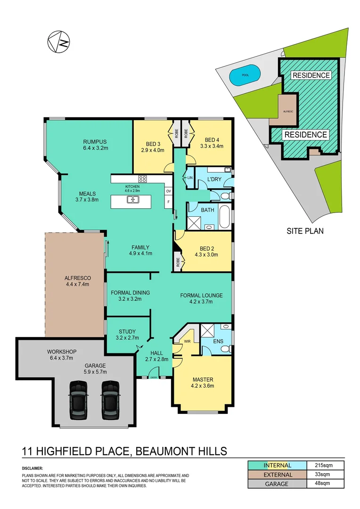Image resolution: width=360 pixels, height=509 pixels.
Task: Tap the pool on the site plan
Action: [244, 75]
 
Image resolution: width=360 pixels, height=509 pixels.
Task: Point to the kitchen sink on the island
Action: [132, 200]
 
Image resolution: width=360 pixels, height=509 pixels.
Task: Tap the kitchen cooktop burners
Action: [143, 179]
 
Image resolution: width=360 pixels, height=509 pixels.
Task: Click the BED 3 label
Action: [154, 144]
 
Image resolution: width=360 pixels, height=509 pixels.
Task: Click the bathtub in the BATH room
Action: [225, 216]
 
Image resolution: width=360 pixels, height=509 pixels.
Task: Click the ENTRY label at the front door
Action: [153, 377]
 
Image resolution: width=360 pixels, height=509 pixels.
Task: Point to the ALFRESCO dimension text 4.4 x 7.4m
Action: [77, 284]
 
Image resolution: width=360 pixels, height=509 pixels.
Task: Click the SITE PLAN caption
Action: [305, 231]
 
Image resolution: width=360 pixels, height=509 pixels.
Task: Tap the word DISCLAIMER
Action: [32, 468]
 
